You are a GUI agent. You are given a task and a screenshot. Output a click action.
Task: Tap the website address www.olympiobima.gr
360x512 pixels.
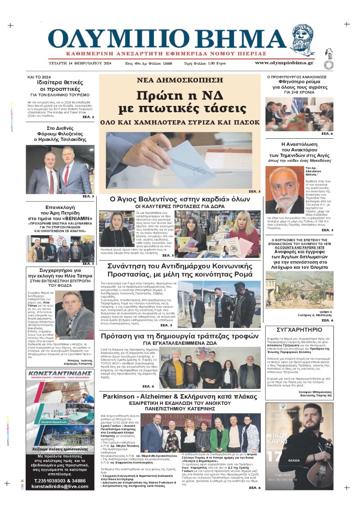pos(284,63)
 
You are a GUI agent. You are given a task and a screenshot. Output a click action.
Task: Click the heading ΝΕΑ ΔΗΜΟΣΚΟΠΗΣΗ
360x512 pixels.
pos(180,80)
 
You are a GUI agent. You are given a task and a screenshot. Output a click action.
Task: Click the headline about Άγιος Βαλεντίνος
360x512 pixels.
pos(180,199)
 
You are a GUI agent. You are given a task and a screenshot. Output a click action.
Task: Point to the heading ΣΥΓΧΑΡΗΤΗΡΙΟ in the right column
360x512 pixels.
pos(299,329)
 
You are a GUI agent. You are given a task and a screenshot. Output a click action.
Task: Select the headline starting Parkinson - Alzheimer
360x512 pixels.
pos(180,396)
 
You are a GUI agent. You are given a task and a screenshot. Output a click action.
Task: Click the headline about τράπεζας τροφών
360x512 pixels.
pos(180,337)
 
